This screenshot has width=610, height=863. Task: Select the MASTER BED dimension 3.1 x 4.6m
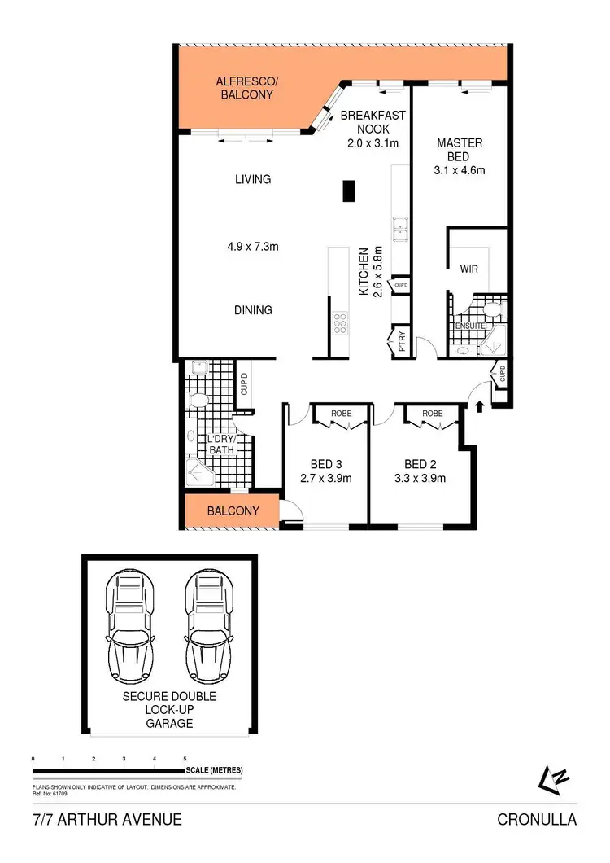pos(459,171)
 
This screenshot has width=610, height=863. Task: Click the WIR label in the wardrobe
pos(468,268)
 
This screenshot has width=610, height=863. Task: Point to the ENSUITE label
pos(470,326)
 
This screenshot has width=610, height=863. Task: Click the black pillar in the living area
pos(348,191)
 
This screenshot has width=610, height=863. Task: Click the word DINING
pos(252,310)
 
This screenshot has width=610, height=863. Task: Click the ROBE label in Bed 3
pos(341,414)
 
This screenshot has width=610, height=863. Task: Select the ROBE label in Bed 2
pos(432,414)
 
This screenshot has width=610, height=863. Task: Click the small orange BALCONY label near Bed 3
pos(233,511)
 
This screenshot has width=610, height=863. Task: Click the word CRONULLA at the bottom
pos(537,820)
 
